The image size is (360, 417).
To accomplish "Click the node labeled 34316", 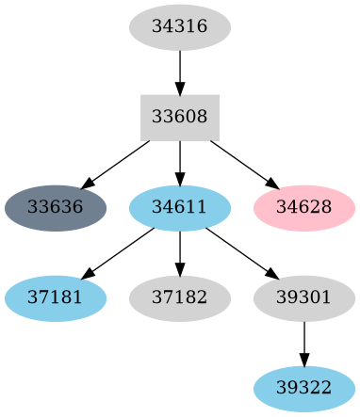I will (x=180, y=26).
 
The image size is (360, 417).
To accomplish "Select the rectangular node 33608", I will (x=180, y=118).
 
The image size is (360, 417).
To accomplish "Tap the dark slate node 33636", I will (x=56, y=208).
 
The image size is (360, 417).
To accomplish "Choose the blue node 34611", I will (x=180, y=208).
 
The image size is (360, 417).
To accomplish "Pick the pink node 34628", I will (x=303, y=208).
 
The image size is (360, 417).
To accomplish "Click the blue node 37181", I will (x=56, y=298).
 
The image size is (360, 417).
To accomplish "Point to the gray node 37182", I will (x=180, y=298).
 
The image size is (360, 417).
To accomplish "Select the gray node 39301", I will (x=303, y=298).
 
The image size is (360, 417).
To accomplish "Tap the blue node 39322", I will (x=303, y=389).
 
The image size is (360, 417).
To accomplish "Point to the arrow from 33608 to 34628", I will (x=242, y=163).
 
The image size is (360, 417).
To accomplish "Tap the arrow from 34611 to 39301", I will (x=242, y=253).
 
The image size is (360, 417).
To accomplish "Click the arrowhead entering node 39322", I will (x=303, y=359).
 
